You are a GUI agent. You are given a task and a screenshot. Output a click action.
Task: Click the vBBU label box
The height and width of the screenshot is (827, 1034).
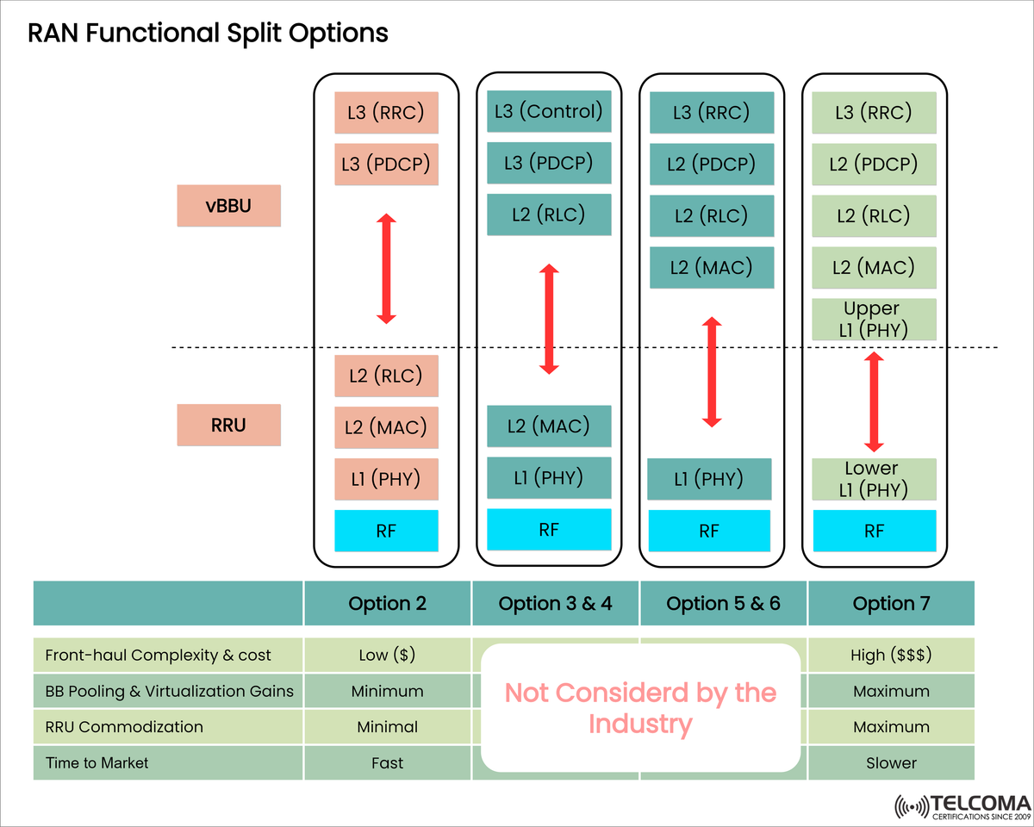coord(228,206)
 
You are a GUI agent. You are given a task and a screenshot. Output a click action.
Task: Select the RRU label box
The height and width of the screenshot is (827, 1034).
coord(228,425)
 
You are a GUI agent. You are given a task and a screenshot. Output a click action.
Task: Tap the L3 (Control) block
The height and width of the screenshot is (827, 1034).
coord(549,111)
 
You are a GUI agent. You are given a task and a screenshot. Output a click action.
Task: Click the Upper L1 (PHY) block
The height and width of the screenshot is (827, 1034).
coord(874,320)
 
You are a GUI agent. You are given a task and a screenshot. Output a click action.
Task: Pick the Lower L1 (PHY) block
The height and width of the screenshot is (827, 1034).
coord(874,480)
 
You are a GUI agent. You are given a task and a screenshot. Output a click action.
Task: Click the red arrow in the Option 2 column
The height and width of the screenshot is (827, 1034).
coord(386,270)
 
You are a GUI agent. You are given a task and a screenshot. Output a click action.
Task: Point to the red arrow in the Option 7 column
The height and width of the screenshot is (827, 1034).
coord(874,401)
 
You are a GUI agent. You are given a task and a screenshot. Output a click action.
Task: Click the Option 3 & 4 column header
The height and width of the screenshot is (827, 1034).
coord(555,603)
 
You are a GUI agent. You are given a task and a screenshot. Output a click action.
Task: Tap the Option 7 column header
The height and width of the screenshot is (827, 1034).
coord(891,603)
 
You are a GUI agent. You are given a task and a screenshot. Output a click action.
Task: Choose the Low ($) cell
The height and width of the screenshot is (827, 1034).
coord(387,655)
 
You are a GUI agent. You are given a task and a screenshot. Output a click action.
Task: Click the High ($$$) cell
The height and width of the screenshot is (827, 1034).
coord(891,655)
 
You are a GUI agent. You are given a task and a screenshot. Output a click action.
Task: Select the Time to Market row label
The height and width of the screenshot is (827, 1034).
coord(97,762)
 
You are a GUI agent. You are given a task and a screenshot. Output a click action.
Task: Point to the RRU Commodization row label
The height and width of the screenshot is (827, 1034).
coord(124,726)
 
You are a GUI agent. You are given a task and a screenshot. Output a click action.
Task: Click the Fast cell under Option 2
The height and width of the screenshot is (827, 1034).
coord(387,762)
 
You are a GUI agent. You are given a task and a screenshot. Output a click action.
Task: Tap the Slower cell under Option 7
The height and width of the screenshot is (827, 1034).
coord(891,762)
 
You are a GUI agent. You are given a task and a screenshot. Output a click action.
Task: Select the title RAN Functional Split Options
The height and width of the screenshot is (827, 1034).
coord(208,34)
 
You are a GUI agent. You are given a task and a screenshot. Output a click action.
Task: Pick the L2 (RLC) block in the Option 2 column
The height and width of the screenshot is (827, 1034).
coord(386,376)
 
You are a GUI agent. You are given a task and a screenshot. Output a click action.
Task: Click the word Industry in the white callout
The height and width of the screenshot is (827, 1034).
coord(640,724)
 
